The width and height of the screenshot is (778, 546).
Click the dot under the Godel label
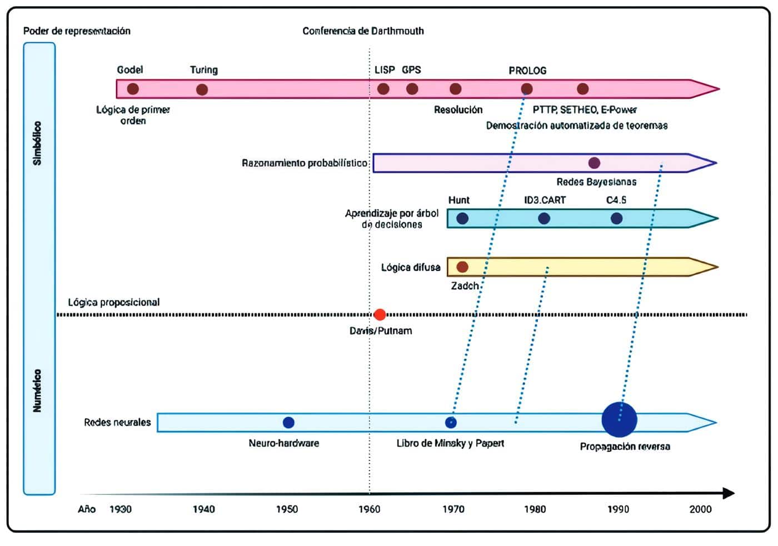click(x=132, y=89)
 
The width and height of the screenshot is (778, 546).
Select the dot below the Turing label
click(x=202, y=89)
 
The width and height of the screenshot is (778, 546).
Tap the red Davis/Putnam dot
click(x=380, y=315)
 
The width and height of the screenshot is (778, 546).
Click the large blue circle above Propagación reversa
click(x=619, y=420)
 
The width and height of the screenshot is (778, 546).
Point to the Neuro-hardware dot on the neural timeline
click(x=288, y=423)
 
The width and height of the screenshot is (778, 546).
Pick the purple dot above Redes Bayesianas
click(x=594, y=163)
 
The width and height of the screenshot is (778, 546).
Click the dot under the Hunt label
click(x=462, y=219)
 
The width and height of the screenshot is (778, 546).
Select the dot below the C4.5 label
click(x=616, y=219)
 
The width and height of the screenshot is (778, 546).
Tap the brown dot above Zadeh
click(x=462, y=267)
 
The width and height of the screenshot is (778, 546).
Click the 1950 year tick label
click(x=287, y=509)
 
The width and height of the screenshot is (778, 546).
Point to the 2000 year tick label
click(x=700, y=509)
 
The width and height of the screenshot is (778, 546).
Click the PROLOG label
click(x=527, y=71)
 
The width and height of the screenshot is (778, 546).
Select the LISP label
click(x=385, y=70)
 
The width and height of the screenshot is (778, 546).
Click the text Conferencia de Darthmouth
click(x=363, y=31)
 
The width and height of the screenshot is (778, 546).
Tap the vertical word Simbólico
click(x=37, y=143)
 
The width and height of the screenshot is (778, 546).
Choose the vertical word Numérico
click(x=37, y=390)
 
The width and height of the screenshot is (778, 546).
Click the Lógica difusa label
click(x=411, y=268)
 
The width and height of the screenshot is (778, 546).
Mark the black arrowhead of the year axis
click(x=729, y=493)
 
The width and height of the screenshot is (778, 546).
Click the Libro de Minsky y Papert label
click(x=450, y=443)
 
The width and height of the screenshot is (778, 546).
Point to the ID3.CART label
click(x=545, y=200)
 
